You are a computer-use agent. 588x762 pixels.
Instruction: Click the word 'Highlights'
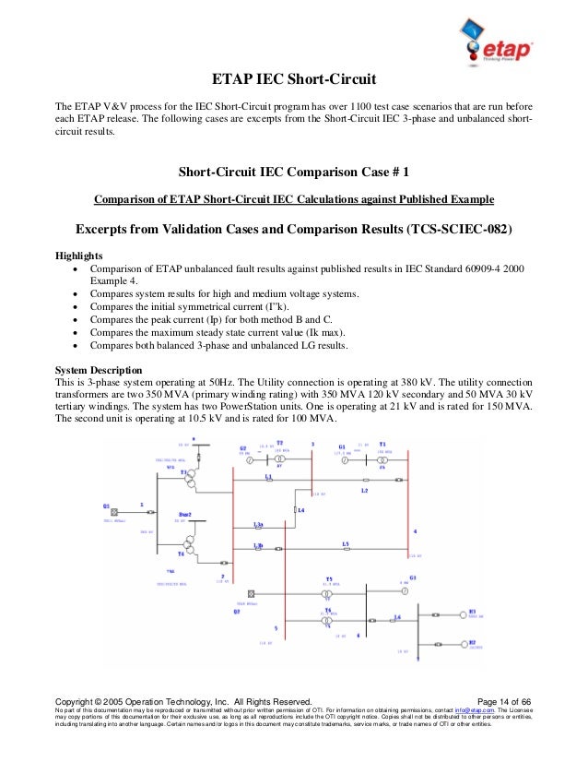(79, 256)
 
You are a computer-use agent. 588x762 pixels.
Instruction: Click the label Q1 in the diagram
(106, 506)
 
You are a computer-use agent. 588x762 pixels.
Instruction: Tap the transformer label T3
(183, 472)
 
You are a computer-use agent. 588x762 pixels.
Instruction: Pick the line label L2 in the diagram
(364, 491)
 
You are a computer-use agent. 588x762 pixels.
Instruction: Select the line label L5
(345, 543)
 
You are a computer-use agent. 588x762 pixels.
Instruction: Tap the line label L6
(397, 617)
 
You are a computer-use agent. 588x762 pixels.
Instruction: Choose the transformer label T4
(181, 554)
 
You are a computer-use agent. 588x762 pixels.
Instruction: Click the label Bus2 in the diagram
(184, 513)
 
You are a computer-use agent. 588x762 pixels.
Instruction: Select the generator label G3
(413, 577)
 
